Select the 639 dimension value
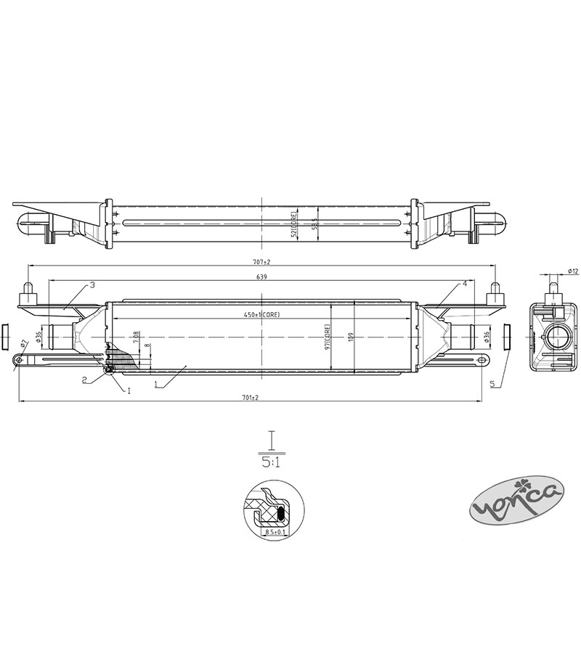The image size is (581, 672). coord(261,277)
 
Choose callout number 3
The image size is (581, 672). coord(93,285)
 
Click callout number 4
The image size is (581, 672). coord(463,284)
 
